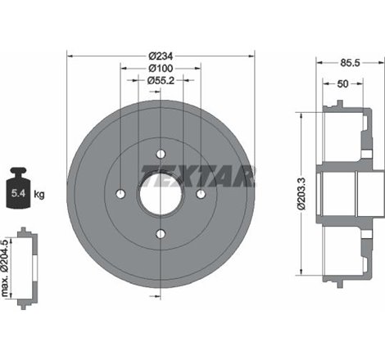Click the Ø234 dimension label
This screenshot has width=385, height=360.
161,56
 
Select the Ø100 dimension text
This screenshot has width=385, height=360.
161,68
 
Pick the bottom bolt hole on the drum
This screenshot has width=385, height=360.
161,234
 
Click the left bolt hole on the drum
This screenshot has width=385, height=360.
121,194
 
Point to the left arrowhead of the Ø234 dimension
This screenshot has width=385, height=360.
70,56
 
